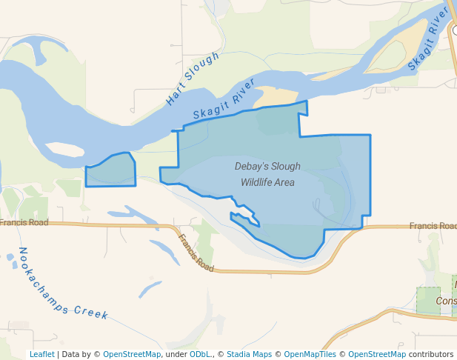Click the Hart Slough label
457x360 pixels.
click(193, 78)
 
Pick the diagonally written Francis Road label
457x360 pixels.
click(196, 253)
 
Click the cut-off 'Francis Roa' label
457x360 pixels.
click(433, 225)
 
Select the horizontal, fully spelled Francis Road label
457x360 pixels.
click(24, 222)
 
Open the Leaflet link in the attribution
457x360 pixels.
click(42, 354)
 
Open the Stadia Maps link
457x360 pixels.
click(249, 354)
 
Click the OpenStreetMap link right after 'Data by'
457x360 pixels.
click(131, 354)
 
